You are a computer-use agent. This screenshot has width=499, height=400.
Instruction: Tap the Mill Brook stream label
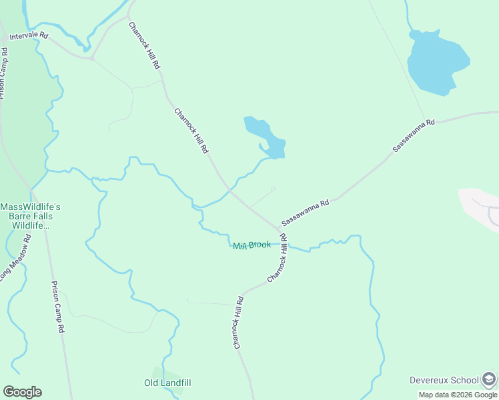[252, 245]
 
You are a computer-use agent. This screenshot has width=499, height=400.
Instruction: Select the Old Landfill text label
[167, 383]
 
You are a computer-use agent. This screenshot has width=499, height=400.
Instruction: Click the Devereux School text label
[444, 380]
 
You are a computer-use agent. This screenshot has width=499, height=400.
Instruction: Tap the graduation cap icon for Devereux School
[489, 379]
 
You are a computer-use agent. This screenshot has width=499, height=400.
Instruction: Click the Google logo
[22, 392]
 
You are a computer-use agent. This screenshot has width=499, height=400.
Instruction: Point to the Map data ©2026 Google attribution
[458, 395]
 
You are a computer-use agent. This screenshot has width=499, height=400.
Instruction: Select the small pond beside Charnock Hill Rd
[266, 137]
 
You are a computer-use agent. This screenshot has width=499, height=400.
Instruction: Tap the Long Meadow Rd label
[15, 257]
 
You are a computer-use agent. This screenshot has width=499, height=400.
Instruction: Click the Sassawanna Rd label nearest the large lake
[414, 137]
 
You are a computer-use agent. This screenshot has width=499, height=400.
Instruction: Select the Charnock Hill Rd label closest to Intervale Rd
[144, 45]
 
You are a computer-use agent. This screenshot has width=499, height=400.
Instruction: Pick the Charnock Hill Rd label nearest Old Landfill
[239, 323]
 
